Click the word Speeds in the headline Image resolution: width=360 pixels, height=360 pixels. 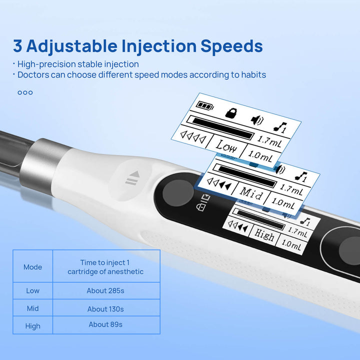231,46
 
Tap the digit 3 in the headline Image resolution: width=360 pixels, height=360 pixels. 17,46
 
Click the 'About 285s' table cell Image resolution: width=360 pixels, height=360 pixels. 105,290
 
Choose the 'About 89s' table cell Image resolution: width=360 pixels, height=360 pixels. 105,324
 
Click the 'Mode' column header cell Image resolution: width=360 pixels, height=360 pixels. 33,267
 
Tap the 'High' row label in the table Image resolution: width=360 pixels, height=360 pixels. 33,326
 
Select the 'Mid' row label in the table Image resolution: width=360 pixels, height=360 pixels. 33,308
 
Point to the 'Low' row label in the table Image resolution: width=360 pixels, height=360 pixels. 33,290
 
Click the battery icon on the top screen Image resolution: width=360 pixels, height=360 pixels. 205,106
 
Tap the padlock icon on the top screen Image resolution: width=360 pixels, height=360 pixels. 231,112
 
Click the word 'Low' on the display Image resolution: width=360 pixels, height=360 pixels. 226,146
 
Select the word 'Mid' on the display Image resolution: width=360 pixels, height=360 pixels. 251,193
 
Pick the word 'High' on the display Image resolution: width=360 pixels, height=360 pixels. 264,234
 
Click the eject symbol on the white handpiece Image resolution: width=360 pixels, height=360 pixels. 132,178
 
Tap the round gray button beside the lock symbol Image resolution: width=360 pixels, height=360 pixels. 177,193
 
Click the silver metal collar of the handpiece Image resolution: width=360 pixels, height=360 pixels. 43,165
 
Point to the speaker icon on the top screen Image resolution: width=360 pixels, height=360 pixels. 257,120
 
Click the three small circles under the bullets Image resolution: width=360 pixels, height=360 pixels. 25,92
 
